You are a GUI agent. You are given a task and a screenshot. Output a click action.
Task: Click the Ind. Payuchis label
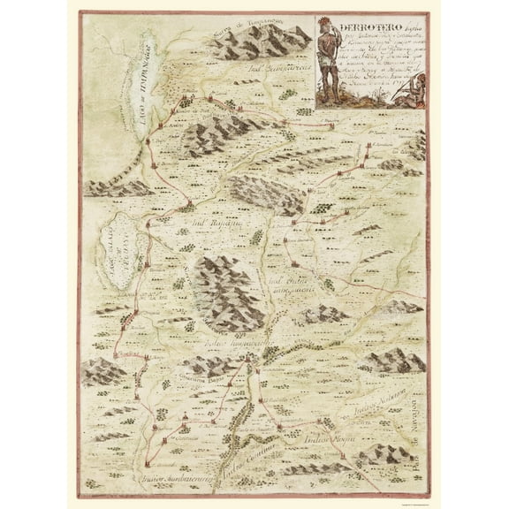click(x=207, y=224)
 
